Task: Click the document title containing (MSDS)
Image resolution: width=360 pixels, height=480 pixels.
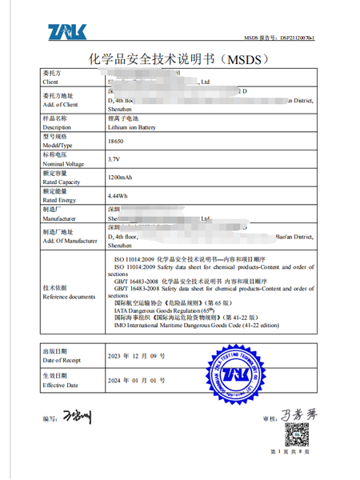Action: (x=180, y=59)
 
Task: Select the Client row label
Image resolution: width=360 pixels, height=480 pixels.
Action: (x=50, y=82)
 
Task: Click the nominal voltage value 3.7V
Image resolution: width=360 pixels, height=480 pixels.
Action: (x=113, y=159)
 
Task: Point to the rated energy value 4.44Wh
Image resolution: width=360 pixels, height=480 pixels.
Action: (x=117, y=194)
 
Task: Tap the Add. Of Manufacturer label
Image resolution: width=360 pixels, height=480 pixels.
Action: (x=72, y=240)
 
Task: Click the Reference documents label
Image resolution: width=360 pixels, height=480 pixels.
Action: (x=68, y=297)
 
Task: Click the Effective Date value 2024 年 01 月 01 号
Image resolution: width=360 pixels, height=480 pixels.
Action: (x=136, y=380)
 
